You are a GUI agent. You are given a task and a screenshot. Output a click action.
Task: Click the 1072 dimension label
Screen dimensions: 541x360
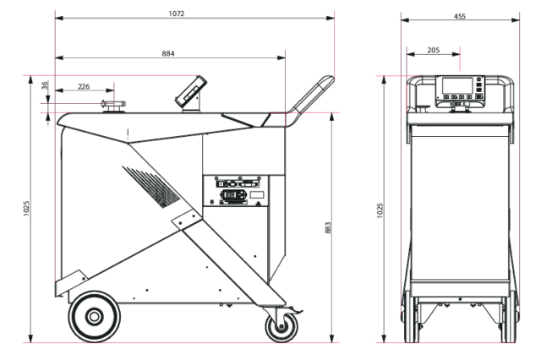(x=177, y=14)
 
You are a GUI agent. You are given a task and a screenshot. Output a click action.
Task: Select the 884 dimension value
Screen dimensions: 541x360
(x=168, y=53)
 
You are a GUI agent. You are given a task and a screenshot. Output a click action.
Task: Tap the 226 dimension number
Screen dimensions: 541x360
(x=84, y=86)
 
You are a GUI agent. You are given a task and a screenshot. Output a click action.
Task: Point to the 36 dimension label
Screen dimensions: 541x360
(x=45, y=85)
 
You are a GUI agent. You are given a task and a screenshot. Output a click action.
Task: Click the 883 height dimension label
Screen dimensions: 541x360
(x=328, y=227)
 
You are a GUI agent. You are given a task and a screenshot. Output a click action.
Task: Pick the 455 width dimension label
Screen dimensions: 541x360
(x=460, y=16)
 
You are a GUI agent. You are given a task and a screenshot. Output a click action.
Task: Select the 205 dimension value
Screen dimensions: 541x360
(x=434, y=50)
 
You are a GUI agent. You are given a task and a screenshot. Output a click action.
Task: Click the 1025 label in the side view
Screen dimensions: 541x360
(x=26, y=209)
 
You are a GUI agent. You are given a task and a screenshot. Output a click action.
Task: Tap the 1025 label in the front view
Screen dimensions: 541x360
(x=380, y=210)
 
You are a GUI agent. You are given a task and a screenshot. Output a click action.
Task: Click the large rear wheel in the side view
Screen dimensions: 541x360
(x=94, y=317)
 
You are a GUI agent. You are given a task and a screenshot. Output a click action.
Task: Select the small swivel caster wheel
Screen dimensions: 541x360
(x=281, y=326)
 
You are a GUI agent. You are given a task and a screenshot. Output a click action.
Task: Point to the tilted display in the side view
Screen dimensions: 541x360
(x=191, y=91)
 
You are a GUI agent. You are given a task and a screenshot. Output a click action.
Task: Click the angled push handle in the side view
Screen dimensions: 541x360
(x=310, y=97)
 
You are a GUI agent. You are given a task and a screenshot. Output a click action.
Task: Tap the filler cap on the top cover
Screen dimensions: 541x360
(x=113, y=106)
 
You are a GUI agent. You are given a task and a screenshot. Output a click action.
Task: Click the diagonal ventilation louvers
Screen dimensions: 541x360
(x=151, y=187)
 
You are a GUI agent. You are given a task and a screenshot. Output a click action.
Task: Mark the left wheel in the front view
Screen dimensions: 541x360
(x=409, y=317)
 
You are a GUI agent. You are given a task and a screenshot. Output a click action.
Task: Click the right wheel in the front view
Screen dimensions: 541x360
(x=509, y=317)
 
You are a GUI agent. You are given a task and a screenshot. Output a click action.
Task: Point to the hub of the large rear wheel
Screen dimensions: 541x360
(x=94, y=317)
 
